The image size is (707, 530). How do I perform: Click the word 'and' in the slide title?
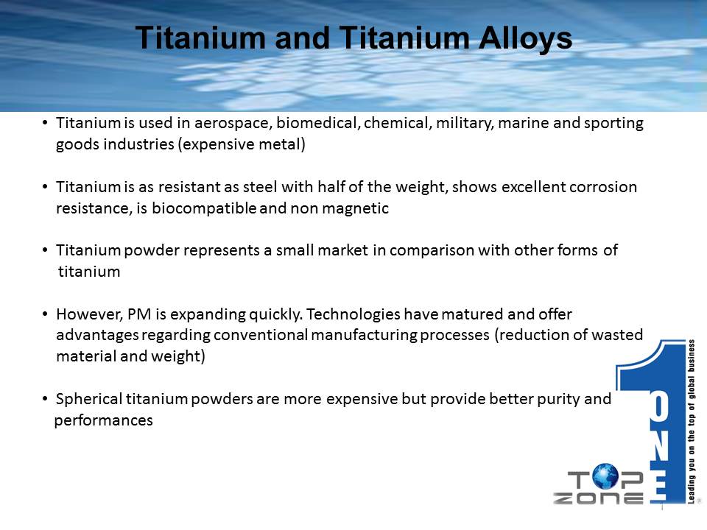click(x=302, y=38)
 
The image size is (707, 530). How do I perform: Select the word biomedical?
click(x=317, y=123)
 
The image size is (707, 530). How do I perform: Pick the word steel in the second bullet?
click(x=260, y=186)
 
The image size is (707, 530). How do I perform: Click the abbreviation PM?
click(x=139, y=314)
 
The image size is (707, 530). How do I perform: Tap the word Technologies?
click(x=353, y=314)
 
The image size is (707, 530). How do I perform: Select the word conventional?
click(x=261, y=335)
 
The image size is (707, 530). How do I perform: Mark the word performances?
click(x=103, y=421)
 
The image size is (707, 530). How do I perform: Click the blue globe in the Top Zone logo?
click(x=605, y=477)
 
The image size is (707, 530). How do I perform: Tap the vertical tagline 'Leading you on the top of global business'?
click(x=692, y=421)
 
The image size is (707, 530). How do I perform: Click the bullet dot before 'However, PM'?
click(x=45, y=314)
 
